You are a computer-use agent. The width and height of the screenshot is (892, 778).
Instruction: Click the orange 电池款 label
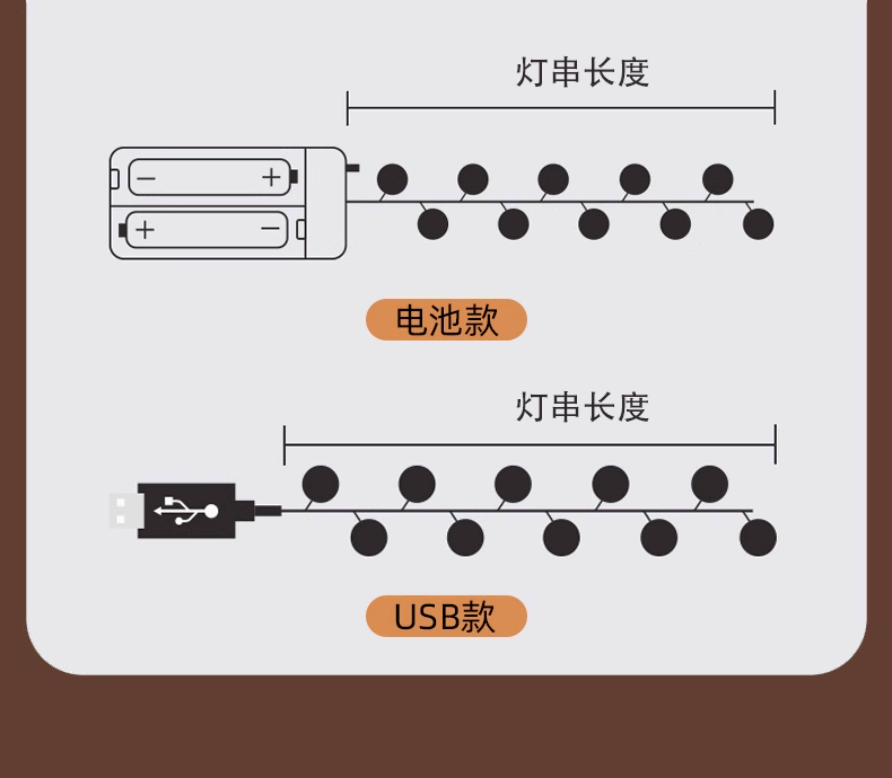click(x=446, y=320)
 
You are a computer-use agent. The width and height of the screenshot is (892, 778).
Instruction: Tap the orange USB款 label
click(x=446, y=616)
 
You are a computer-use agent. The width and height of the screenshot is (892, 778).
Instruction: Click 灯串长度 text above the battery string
click(x=582, y=73)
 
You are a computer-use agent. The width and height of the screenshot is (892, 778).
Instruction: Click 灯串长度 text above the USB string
click(x=582, y=407)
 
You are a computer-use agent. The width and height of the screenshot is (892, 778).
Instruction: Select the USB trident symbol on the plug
click(x=187, y=511)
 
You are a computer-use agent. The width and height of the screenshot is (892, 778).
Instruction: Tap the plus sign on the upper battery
click(x=272, y=177)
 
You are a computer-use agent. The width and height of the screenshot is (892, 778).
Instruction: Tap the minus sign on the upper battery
click(x=146, y=178)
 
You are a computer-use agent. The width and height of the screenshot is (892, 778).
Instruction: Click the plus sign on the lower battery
click(x=145, y=230)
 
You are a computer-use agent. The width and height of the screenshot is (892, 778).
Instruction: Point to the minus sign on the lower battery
click(x=270, y=228)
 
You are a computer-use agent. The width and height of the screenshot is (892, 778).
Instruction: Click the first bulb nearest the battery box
click(x=392, y=179)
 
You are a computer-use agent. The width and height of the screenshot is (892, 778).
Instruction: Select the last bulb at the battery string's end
click(x=758, y=224)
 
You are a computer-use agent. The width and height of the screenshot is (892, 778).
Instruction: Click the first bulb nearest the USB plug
click(x=320, y=484)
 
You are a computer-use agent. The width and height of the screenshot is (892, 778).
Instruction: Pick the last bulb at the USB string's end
click(x=758, y=537)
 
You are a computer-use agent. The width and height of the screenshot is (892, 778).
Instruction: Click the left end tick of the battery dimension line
click(x=347, y=108)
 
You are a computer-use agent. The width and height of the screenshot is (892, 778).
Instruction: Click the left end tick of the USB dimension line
click(x=285, y=445)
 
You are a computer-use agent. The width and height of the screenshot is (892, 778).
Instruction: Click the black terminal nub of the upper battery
click(x=294, y=177)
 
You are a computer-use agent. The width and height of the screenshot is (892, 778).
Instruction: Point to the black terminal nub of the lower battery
click(x=122, y=230)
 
